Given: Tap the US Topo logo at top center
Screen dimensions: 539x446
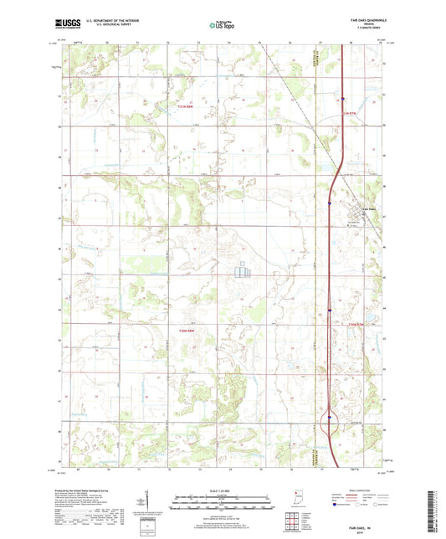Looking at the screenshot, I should (x=223, y=26).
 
